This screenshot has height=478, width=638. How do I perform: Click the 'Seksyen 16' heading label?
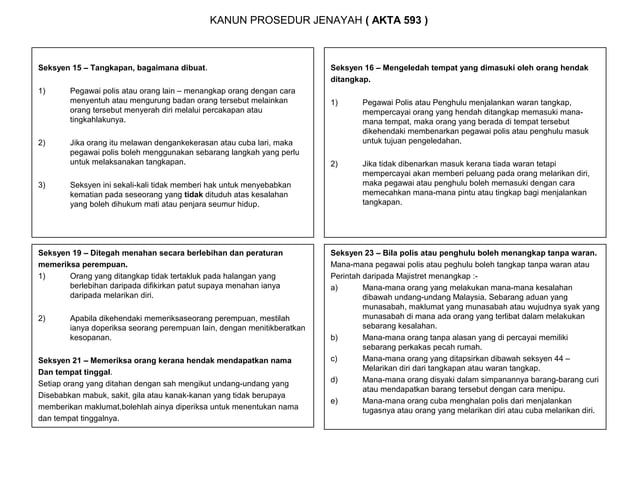click(358, 65)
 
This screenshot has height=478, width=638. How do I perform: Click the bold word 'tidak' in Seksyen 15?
click(194, 194)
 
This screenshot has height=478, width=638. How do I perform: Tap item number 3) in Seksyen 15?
click(42, 184)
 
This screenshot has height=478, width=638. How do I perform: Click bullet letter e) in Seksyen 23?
click(334, 400)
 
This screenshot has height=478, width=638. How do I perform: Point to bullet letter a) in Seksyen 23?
click(334, 287)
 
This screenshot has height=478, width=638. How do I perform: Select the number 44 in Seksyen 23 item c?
click(571, 358)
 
